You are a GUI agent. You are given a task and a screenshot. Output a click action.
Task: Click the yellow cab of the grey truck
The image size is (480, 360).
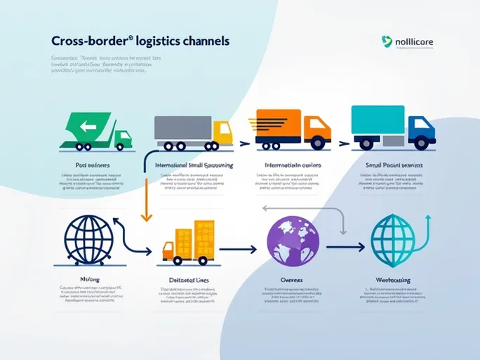point(222,131)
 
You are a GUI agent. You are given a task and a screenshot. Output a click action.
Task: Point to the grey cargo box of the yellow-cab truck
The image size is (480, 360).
point(182,127)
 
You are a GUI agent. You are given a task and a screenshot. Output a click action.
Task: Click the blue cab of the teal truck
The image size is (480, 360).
point(420,128)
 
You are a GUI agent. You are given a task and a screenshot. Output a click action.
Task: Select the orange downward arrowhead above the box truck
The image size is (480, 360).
point(147,218)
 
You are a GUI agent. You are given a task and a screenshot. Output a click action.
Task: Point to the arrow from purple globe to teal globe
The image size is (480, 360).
point(340,246)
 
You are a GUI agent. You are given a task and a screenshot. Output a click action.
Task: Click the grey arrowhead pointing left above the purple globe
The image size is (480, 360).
point(265,208)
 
